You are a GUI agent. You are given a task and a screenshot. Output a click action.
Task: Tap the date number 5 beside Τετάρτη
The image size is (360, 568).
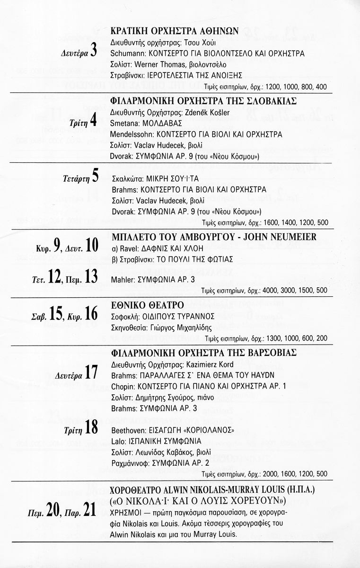click(95, 177)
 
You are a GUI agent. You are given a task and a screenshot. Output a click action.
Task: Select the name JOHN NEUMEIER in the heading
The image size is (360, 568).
click(276, 237)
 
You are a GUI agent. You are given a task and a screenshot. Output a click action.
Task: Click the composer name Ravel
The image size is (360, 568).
click(128, 248)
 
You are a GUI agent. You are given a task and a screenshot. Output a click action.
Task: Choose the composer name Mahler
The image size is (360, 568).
click(121, 280)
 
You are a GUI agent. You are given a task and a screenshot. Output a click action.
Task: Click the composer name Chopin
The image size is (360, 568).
click(121, 386)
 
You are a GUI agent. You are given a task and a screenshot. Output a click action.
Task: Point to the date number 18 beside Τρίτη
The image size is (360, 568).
click(92, 428)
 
